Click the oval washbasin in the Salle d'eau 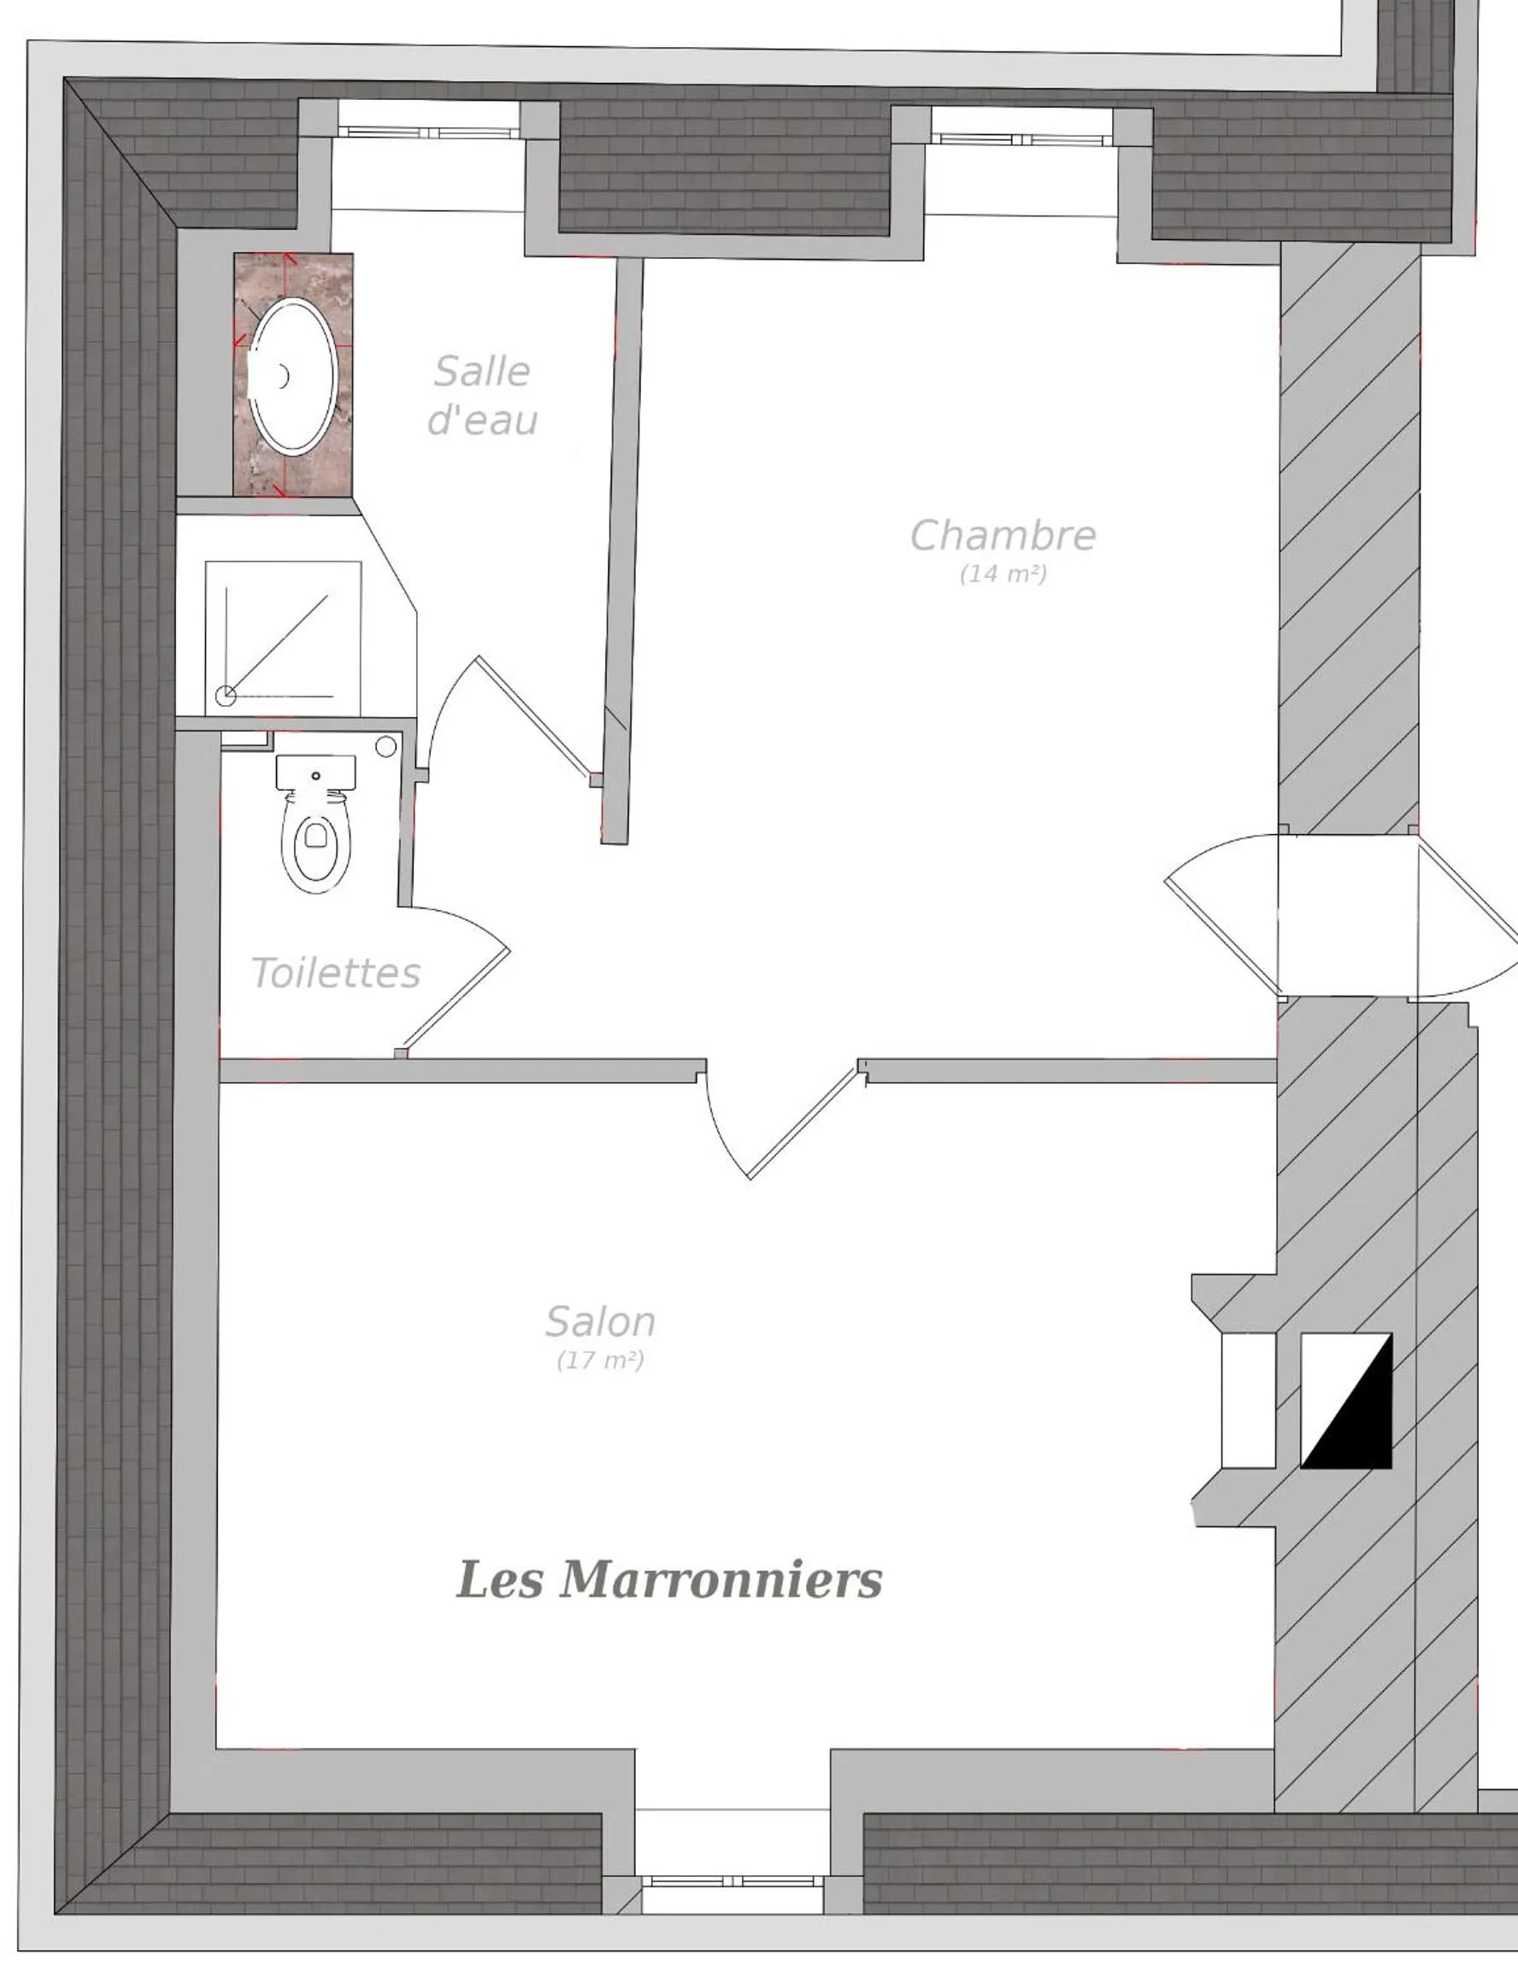(292, 374)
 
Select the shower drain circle (226, 696)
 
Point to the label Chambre (1002, 536)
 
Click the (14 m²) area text (1002, 573)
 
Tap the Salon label (600, 1321)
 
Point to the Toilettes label (336, 973)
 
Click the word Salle (482, 372)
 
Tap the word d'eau (482, 420)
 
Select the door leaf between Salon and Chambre (802, 1122)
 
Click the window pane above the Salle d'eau (427, 132)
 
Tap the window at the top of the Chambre (1021, 139)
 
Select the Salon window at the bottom (733, 1881)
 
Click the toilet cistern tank (315, 771)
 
